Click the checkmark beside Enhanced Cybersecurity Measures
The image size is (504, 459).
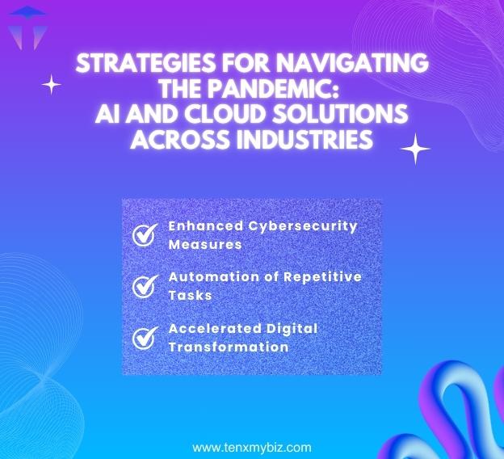[x=145, y=234]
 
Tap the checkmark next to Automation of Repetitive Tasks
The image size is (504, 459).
[x=145, y=285]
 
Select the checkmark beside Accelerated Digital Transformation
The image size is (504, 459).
[x=145, y=337]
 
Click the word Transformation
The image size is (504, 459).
[x=228, y=347]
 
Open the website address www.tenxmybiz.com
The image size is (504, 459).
[x=251, y=447]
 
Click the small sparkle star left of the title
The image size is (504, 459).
[x=52, y=84]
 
